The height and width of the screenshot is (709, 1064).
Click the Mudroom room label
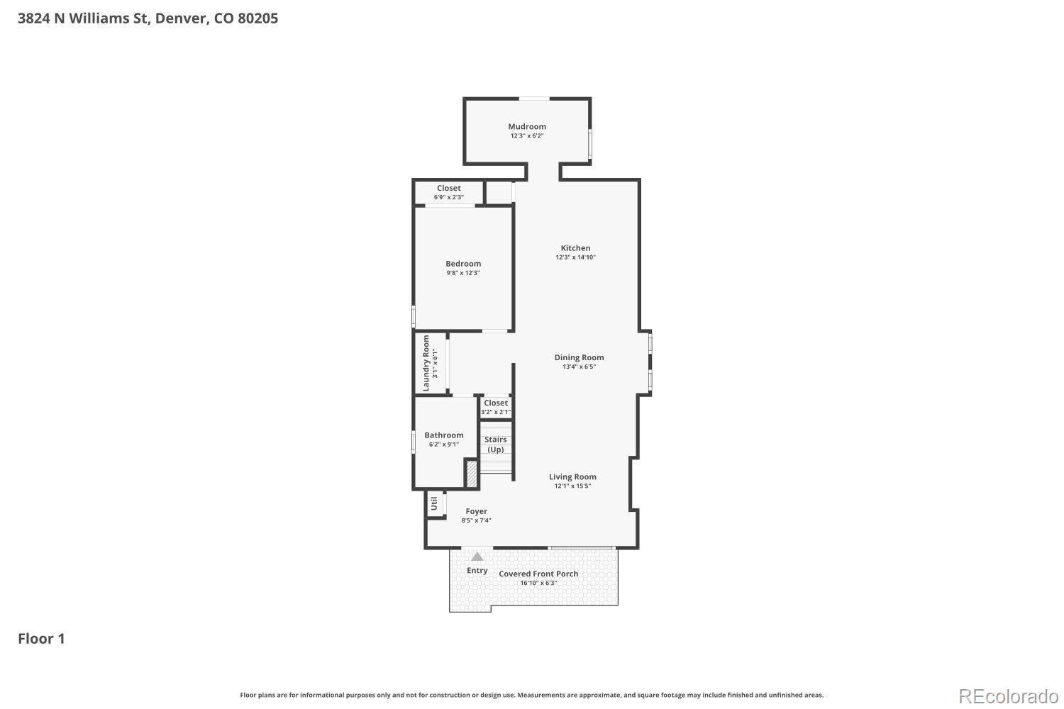coord(527,126)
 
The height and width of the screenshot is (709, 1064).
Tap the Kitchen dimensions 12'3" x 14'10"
coord(575,257)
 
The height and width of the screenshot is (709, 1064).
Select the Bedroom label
coord(463,264)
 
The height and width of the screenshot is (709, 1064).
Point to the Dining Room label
coord(579,357)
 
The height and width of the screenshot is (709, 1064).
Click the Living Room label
coord(572,476)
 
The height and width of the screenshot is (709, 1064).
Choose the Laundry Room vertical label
coord(426,363)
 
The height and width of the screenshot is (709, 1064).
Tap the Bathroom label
coord(443,435)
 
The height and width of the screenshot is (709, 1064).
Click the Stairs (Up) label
coord(495,445)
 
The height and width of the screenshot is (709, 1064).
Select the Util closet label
coord(433,504)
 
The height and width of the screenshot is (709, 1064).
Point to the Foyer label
coord(476,511)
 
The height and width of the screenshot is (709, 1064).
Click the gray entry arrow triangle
coord(477,557)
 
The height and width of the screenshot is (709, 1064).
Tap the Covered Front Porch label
coord(538,574)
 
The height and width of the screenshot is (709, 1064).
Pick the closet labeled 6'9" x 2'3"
coord(448,192)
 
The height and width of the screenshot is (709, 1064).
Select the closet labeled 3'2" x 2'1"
coord(495,407)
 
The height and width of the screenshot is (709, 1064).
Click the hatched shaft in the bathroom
coord(471,474)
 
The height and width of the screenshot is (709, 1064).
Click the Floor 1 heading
coord(41,639)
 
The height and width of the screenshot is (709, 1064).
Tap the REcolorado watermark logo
coord(1009,697)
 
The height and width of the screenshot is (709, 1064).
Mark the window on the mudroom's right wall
coord(590,144)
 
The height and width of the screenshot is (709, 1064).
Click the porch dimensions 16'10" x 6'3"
coord(538,584)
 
